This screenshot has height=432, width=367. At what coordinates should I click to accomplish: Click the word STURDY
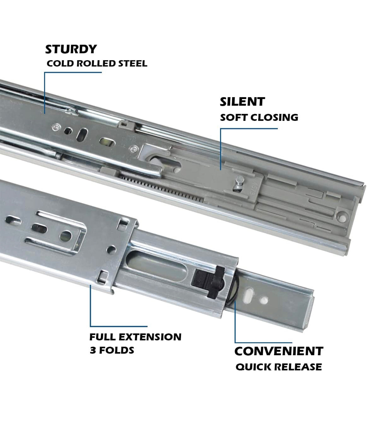point(71,49)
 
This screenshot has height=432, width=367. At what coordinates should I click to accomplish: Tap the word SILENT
point(242,102)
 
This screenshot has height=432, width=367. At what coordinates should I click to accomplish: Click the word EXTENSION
point(152,337)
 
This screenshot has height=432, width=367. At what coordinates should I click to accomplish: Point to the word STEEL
point(133,63)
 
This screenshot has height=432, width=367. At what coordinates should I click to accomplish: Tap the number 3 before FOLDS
point(93,350)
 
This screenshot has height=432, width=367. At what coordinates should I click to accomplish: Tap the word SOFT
point(234,117)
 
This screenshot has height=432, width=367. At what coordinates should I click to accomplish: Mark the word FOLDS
point(116,350)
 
